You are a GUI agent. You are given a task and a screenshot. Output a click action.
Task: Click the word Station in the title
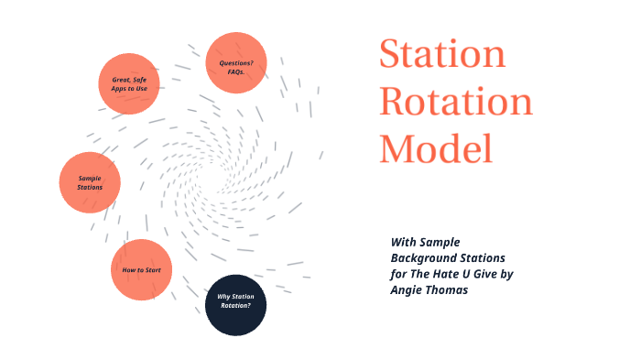(x=442, y=55)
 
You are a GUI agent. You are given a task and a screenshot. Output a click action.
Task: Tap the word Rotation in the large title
(x=455, y=102)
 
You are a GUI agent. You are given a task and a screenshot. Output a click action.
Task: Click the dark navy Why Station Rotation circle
(x=234, y=305)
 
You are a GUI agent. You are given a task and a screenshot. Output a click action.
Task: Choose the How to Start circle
(x=142, y=269)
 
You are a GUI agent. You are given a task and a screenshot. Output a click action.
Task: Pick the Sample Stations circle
(x=90, y=182)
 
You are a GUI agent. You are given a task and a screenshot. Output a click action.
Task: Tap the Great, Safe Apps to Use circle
(x=129, y=83)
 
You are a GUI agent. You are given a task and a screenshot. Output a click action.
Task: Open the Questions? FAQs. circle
(x=236, y=64)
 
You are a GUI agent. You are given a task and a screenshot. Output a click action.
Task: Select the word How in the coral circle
(x=129, y=270)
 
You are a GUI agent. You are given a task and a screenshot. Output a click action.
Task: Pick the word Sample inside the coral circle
(x=90, y=178)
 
